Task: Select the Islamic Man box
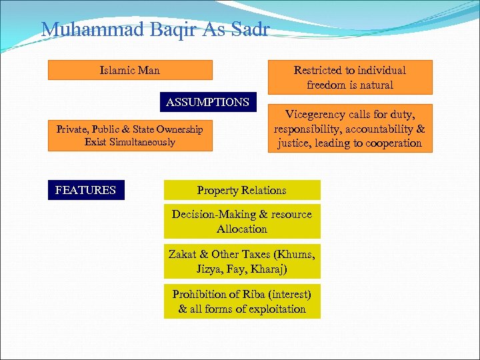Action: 130,70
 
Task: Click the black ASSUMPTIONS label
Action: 207,102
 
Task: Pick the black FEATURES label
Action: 85,190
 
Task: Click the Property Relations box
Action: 241,190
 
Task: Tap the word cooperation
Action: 391,143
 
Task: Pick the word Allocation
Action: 241,229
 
